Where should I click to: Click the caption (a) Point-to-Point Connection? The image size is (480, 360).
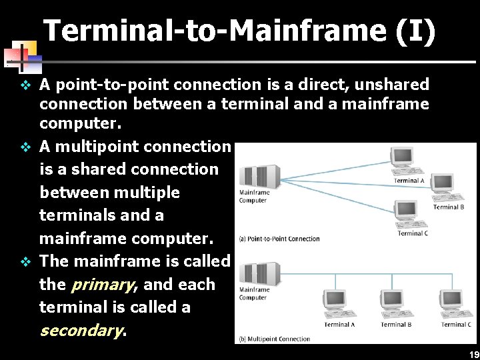[x=279, y=239]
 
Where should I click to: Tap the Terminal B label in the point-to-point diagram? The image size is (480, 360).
[x=449, y=207]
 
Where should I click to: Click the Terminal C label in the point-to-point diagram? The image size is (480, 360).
[x=413, y=233]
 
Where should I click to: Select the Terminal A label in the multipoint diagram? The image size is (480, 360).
[x=339, y=325]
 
